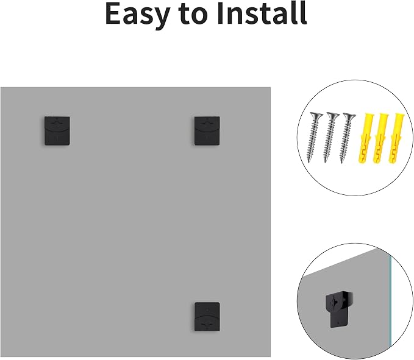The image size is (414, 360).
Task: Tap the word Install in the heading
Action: [262, 13]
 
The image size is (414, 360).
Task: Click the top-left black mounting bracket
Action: [57, 131]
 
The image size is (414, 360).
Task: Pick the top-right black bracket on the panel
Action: [207, 131]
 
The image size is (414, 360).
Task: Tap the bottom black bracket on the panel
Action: [207, 317]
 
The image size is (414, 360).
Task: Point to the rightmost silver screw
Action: [346, 138]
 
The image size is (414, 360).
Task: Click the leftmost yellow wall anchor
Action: [365, 138]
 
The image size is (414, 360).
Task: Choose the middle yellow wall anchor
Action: [380, 138]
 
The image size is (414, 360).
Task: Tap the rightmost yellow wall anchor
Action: [396, 138]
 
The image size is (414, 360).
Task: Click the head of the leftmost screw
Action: [316, 115]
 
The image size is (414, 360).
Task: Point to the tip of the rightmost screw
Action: [341, 163]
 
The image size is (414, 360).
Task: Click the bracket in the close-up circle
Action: [339, 309]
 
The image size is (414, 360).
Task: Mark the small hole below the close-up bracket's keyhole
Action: [339, 322]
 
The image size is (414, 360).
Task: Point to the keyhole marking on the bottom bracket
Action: [207, 323]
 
